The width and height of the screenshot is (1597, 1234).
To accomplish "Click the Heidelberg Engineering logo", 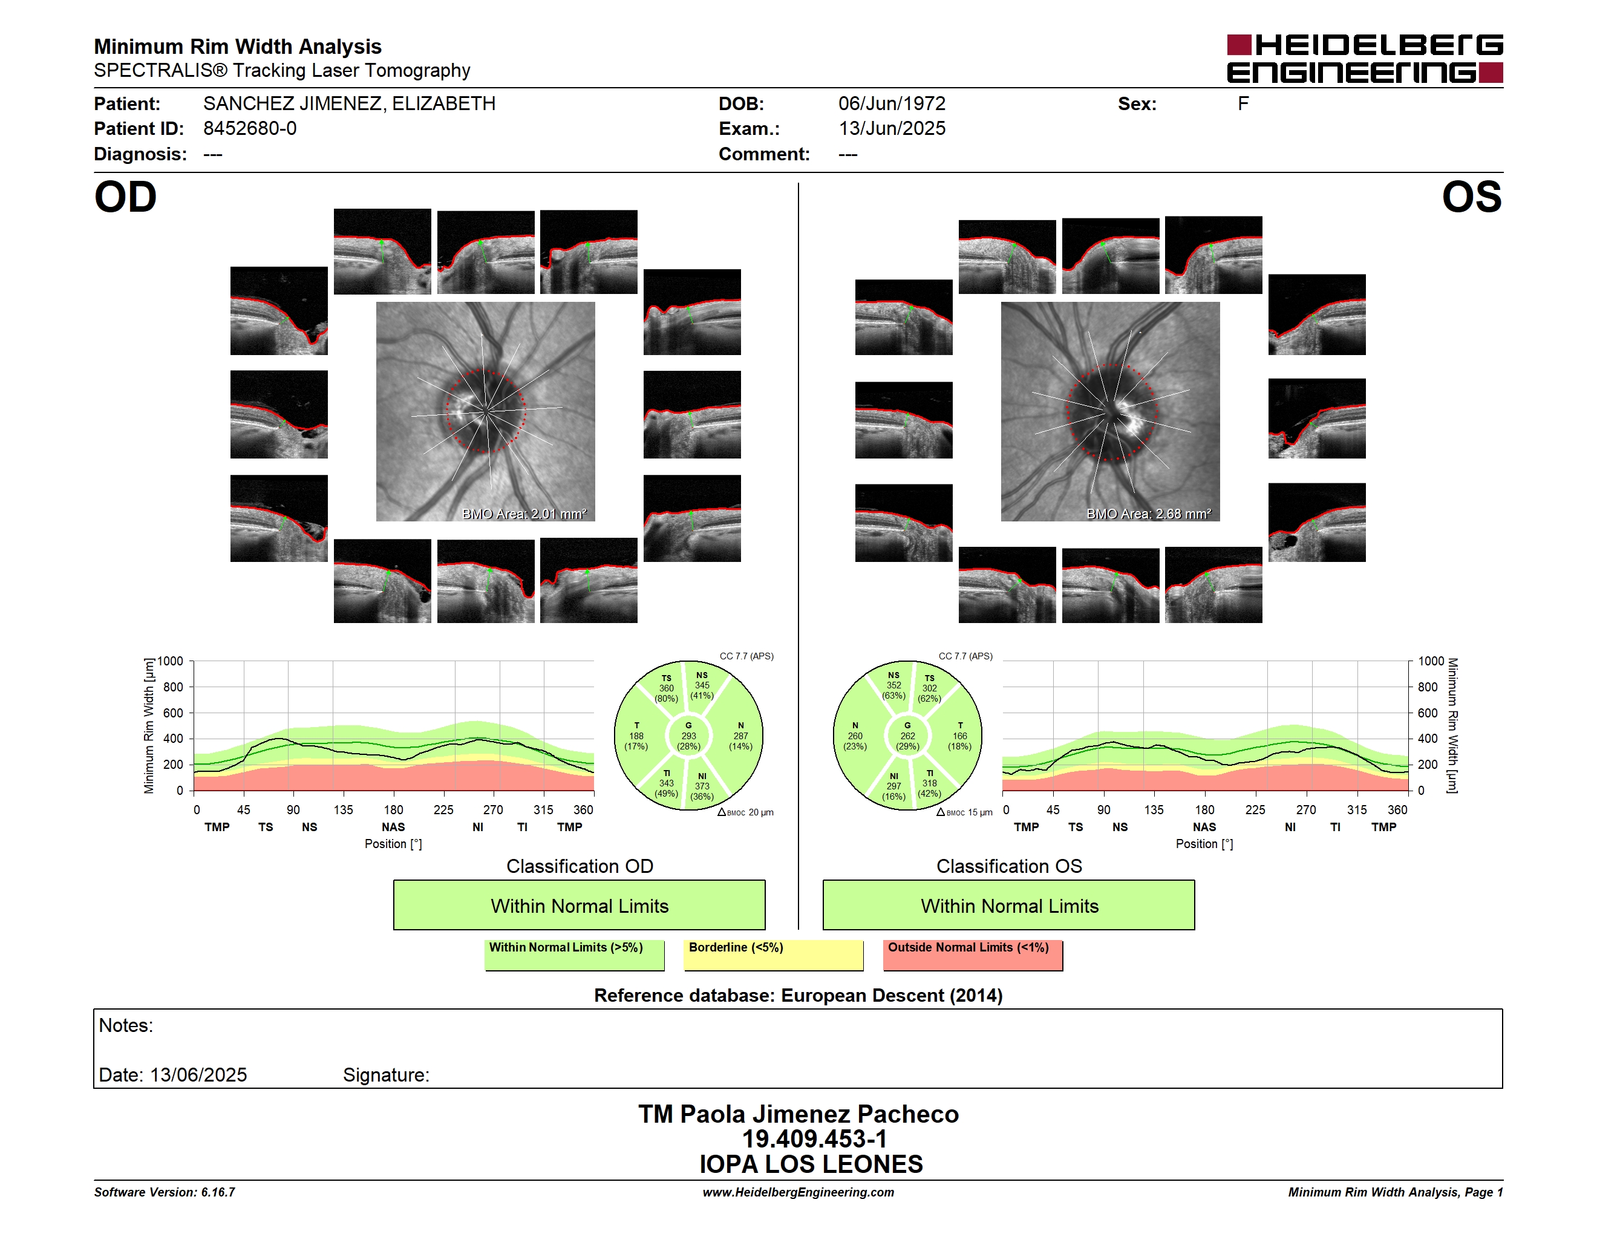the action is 1365,59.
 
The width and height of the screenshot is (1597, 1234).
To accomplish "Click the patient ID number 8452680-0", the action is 250,129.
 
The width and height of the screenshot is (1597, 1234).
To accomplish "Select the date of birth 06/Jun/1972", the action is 892,104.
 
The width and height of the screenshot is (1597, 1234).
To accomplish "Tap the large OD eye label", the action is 126,197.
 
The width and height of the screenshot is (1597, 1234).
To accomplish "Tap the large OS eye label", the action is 1471,197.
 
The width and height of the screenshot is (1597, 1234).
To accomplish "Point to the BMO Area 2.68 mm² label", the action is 1149,514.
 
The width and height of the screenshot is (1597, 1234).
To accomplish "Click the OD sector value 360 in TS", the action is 666,688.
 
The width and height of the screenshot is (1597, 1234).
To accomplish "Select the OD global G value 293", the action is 689,736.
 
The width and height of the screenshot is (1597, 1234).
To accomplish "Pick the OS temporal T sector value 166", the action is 959,736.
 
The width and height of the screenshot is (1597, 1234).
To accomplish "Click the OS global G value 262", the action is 907,736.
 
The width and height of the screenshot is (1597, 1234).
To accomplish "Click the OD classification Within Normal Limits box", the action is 579,905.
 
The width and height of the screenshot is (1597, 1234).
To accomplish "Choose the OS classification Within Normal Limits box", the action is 1009,905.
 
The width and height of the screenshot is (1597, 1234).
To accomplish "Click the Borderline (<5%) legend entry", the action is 774,955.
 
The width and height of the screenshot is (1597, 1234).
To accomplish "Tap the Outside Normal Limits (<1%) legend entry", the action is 973,955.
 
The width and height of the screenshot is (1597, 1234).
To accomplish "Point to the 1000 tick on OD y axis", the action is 171,662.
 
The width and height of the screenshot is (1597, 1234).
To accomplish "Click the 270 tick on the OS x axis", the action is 1306,810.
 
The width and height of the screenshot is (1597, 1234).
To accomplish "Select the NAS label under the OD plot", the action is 393,827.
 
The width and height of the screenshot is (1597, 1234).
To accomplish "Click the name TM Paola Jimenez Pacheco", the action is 799,1114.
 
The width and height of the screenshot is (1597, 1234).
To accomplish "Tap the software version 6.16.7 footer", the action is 165,1192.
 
